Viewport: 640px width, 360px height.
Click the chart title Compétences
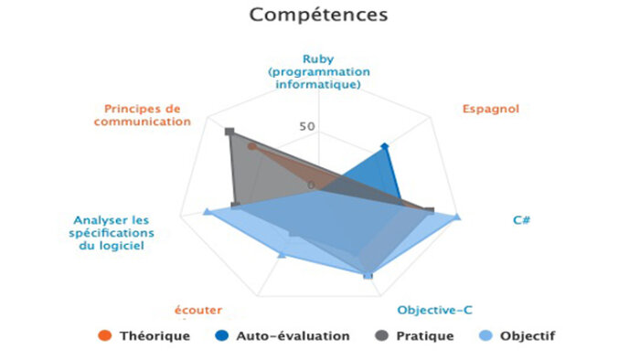tap(318, 16)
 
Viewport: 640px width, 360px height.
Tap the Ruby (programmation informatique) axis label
tap(319, 72)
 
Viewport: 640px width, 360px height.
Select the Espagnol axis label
tap(491, 109)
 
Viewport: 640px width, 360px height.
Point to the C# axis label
tap(522, 220)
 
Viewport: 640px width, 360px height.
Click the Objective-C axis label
tap(434, 311)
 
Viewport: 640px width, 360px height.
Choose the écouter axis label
tap(198, 311)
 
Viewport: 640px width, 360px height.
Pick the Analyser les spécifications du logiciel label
tap(112, 233)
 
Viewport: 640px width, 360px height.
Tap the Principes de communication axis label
tap(143, 115)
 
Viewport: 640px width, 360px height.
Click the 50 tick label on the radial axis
tap(307, 126)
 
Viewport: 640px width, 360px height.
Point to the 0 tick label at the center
tap(312, 185)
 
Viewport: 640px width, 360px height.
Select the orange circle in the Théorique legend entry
tap(105, 335)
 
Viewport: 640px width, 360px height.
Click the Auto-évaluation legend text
tap(293, 336)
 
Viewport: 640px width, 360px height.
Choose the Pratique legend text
tap(425, 336)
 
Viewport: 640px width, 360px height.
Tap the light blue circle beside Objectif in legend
tap(485, 335)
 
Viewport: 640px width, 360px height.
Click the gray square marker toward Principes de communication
tap(229, 132)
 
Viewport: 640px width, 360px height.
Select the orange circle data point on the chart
tap(252, 147)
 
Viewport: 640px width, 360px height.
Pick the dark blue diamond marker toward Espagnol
tap(384, 146)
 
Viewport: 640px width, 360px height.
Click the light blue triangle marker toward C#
tap(457, 217)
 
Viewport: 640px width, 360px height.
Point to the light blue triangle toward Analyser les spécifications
tap(207, 211)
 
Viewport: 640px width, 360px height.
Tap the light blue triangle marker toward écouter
tap(282, 255)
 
